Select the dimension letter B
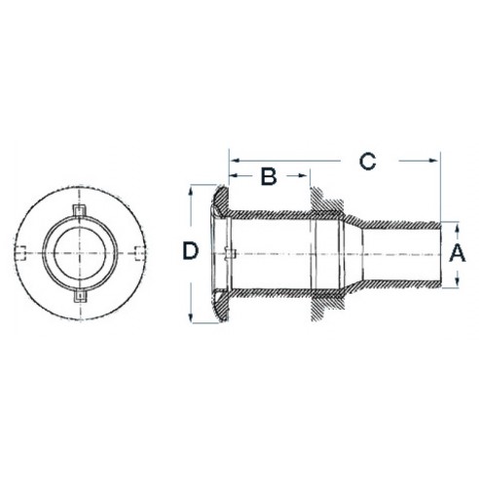pyautogui.click(x=270, y=176)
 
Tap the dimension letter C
pyautogui.click(x=367, y=161)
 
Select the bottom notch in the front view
pyautogui.click(x=81, y=292)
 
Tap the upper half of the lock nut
pyautogui.click(x=323, y=203)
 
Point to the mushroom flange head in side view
pyautogui.click(x=215, y=253)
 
